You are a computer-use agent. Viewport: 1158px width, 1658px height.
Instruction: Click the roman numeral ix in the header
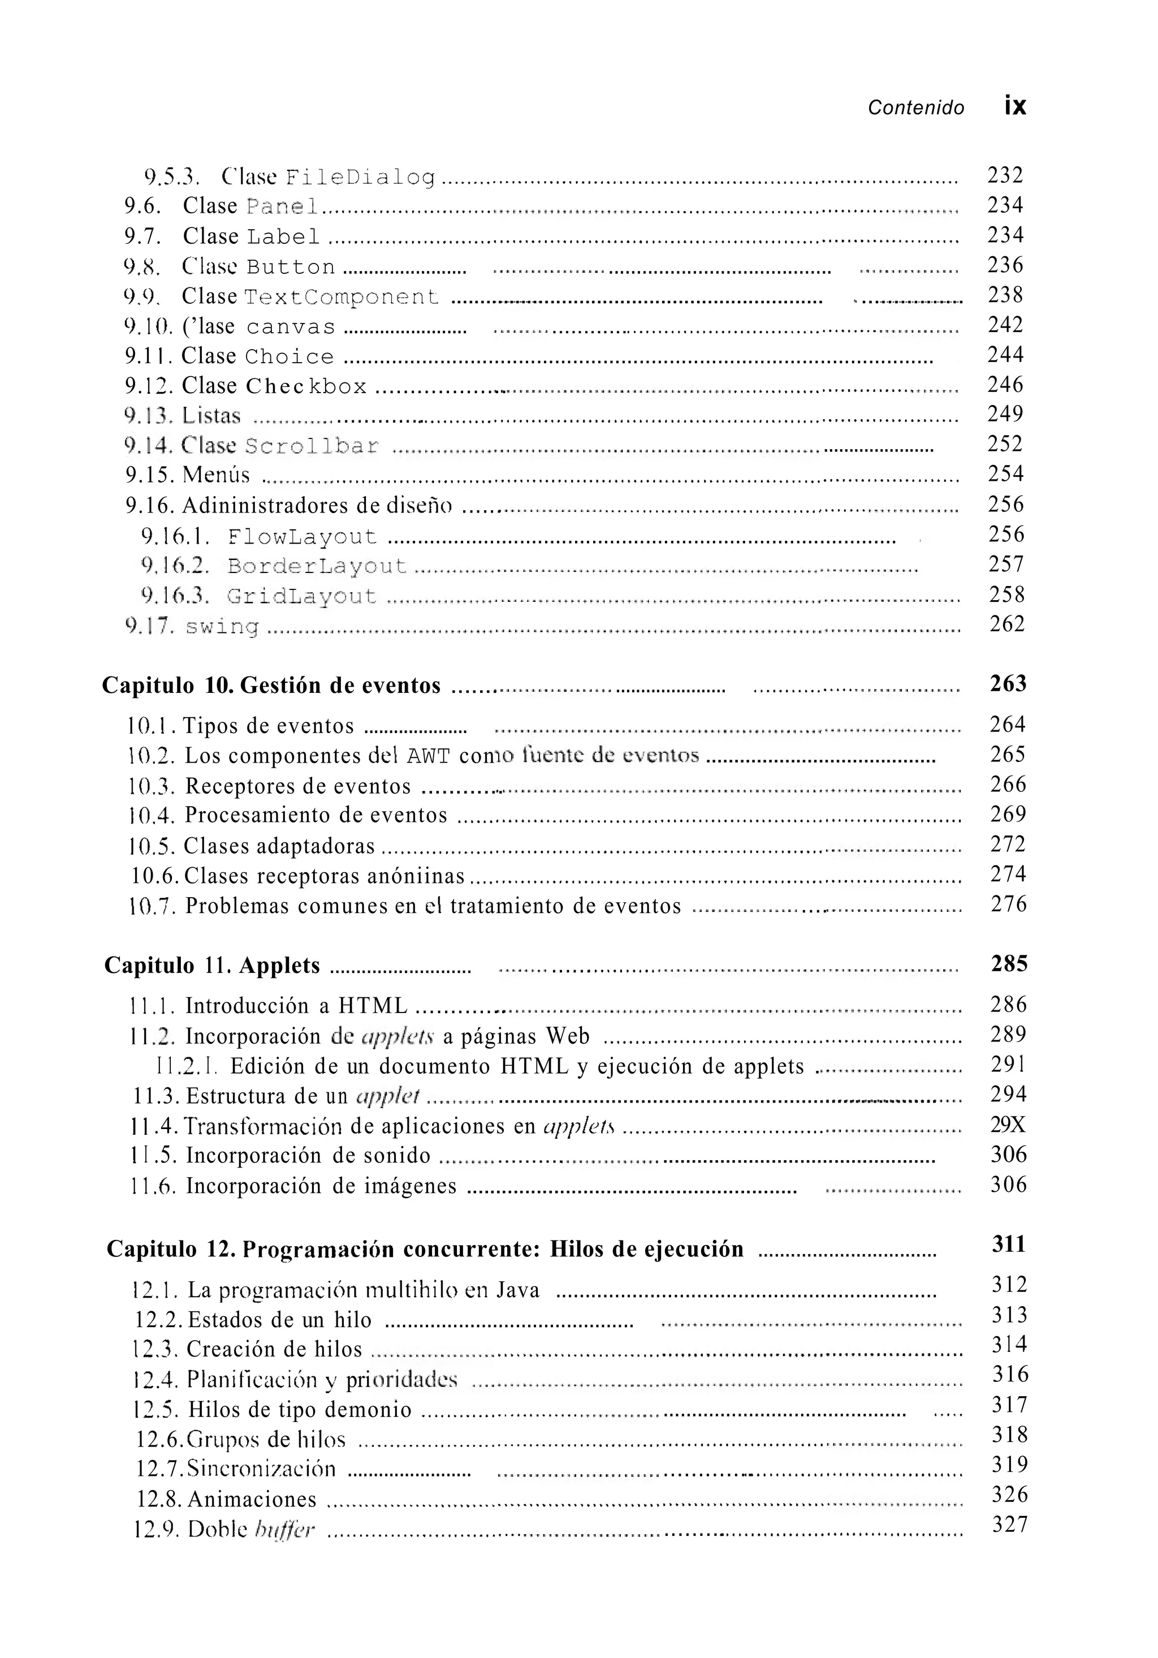[x=1014, y=106]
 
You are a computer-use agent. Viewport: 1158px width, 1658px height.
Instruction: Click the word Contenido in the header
[x=915, y=107]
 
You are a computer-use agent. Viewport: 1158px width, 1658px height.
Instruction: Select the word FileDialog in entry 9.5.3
[x=360, y=177]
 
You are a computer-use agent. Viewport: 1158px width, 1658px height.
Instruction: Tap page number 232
[x=1005, y=175]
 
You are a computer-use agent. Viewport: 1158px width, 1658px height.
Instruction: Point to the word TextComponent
[x=342, y=297]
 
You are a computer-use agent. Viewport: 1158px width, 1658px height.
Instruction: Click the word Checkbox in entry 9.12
[x=306, y=386]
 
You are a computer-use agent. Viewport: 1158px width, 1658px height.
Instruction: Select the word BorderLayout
[x=317, y=566]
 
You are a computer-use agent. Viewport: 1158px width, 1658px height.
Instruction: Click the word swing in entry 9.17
[x=222, y=626]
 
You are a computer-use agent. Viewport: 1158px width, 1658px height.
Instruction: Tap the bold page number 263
[x=1008, y=683]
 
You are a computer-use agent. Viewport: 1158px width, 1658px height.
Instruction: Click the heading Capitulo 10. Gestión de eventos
[x=271, y=684]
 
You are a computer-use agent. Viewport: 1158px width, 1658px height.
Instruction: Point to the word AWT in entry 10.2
[x=429, y=756]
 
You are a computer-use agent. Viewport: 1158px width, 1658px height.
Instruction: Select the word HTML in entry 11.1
[x=373, y=1005]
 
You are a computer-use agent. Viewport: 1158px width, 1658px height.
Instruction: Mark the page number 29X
[x=1008, y=1125]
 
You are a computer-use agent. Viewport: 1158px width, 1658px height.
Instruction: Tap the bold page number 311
[x=1009, y=1243]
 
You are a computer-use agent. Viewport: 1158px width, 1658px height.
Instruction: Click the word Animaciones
[x=252, y=1500]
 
